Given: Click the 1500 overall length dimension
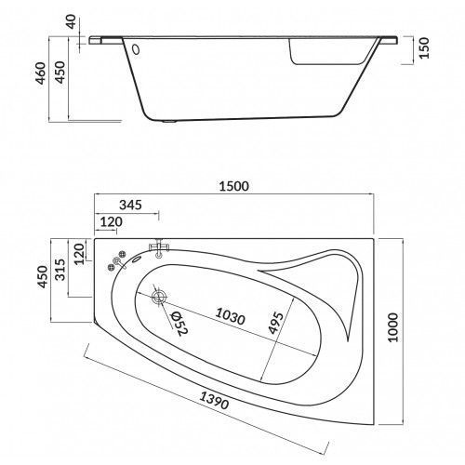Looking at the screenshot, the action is tap(233, 186).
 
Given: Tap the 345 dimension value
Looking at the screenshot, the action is tap(130, 205).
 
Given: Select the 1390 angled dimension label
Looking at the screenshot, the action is tap(214, 400).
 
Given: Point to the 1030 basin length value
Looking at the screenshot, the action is tap(231, 316).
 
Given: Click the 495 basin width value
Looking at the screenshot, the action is tap(275, 324).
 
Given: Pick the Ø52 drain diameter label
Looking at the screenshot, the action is tap(179, 324).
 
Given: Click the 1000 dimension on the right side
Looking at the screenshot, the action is tap(392, 327).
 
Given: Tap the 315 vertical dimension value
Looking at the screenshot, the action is tap(60, 270).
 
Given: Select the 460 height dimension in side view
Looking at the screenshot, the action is tap(41, 73).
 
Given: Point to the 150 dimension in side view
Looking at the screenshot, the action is tap(424, 47).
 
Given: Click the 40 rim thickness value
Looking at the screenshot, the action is tap(72, 21).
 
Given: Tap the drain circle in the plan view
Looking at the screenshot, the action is tap(159, 297).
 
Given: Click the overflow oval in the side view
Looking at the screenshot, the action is tap(136, 49).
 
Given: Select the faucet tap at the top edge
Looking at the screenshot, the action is tap(159, 248).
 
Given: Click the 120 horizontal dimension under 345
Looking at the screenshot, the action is tap(112, 222).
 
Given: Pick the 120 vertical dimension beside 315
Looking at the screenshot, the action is tap(79, 254).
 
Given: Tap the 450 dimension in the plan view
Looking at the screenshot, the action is tap(43, 276).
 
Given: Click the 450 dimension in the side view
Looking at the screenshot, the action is tap(60, 73).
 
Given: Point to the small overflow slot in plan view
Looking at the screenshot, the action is tap(137, 259).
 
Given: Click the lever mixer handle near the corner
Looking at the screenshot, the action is tap(119, 263).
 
